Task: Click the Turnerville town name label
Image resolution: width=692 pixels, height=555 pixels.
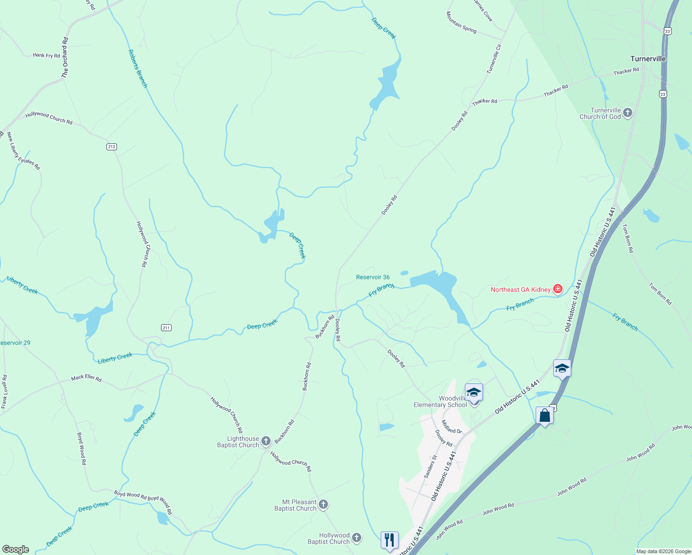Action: (648, 59)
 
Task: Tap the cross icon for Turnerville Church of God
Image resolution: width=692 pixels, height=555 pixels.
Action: (628, 113)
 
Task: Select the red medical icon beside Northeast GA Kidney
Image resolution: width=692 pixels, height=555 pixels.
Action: (558, 290)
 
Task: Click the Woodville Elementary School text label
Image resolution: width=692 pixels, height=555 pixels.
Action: (440, 401)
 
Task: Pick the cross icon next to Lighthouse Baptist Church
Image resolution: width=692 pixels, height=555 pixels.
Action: (266, 441)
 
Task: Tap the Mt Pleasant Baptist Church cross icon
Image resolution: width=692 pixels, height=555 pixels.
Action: (324, 505)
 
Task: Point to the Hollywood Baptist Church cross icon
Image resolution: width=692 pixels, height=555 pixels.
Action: (357, 538)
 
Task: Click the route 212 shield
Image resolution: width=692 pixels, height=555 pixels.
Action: (111, 147)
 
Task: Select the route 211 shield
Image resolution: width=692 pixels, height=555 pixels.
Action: (167, 327)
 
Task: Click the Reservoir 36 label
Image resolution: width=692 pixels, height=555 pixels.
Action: (373, 277)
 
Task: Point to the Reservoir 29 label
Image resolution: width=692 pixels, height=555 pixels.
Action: (15, 343)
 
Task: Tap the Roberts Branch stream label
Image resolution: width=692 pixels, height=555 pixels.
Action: (138, 68)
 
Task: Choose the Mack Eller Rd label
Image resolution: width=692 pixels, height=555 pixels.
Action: (86, 378)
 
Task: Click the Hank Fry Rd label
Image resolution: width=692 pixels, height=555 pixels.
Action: (46, 55)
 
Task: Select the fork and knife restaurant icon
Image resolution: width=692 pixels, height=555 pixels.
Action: (389, 540)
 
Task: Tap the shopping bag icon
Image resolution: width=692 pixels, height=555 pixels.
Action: (545, 415)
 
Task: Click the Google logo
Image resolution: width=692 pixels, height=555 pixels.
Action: (15, 549)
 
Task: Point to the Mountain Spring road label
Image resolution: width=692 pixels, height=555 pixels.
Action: (461, 22)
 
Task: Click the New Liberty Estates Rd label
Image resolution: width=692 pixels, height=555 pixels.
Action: (23, 151)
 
